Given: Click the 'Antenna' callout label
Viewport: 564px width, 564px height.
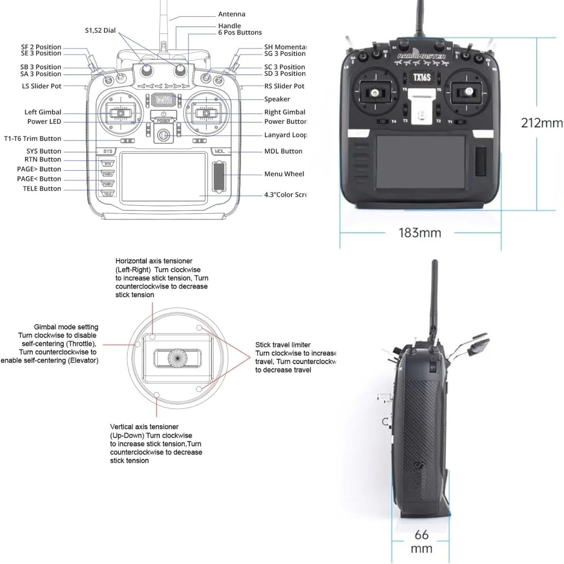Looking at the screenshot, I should [232, 14].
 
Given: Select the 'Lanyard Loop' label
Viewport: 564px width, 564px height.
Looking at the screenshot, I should [285, 135].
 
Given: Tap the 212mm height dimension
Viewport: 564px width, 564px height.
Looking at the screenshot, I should [541, 123].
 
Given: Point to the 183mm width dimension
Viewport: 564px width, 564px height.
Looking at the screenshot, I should [420, 233].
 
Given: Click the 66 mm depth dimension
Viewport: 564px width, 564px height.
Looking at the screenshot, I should [421, 541].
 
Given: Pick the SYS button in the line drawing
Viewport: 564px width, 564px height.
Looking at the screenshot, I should [108, 151].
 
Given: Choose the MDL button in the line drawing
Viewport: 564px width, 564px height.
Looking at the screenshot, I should [219, 151].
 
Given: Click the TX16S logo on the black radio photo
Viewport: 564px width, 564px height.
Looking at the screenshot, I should [421, 78].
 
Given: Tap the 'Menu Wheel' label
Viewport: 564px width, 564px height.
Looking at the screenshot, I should [284, 174].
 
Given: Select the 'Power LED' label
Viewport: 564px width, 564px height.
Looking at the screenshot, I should [44, 121].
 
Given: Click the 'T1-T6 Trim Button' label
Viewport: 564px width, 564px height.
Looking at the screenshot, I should [32, 139].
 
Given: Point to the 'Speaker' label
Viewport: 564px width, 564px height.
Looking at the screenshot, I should [277, 99].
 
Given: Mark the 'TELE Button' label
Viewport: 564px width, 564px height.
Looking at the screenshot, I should [42, 189].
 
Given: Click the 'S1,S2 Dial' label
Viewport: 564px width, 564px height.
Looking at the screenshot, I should [100, 30].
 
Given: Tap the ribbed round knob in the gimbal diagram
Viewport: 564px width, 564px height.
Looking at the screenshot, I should [177, 357].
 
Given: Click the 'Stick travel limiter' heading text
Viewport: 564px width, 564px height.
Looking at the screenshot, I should [283, 345].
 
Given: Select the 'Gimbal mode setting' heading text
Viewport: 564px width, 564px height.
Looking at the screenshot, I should [66, 327].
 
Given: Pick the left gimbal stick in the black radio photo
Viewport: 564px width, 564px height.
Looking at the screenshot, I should [374, 92].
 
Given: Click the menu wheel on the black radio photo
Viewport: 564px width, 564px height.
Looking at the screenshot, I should [481, 162].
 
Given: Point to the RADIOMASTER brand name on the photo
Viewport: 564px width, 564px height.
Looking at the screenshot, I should [421, 56].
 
